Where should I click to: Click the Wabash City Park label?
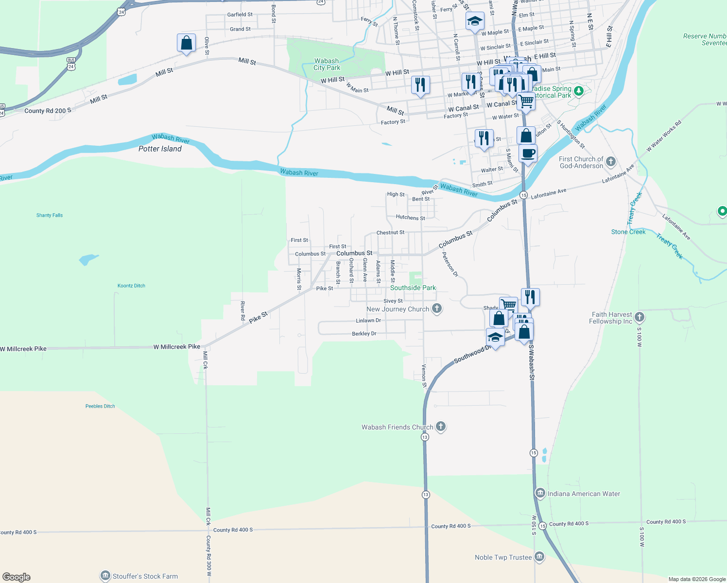click(x=327, y=65)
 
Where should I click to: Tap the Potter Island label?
click(x=160, y=149)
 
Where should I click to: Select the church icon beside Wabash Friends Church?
click(x=441, y=427)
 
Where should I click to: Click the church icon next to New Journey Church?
click(x=437, y=308)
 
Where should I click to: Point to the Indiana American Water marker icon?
click(x=540, y=493)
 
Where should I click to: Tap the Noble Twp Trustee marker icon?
click(x=539, y=557)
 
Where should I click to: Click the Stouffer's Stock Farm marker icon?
click(x=105, y=576)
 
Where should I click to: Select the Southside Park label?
click(x=413, y=288)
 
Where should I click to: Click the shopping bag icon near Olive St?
click(x=186, y=43)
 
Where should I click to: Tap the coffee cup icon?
click(x=528, y=154)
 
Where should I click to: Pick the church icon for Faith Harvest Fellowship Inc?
click(x=640, y=317)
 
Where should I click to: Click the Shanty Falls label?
click(x=50, y=215)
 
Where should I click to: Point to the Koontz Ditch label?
click(x=131, y=286)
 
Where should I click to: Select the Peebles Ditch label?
click(x=100, y=406)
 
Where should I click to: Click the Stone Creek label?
click(x=628, y=232)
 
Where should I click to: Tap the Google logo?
click(x=17, y=577)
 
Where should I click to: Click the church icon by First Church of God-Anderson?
click(x=611, y=161)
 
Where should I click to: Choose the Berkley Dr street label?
click(x=364, y=334)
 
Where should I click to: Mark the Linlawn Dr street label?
click(x=368, y=321)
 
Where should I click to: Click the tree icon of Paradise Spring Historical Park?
click(x=578, y=91)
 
